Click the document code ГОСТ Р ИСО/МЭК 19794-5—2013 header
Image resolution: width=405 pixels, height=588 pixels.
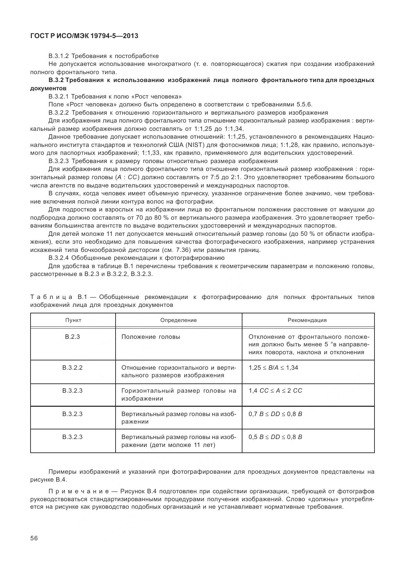pos(84,36)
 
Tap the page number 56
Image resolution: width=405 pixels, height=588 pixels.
pos(34,538)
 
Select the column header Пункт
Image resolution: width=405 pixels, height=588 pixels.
pos(73,320)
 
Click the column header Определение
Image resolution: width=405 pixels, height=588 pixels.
pos(178,320)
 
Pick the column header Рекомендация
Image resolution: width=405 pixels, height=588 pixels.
pos(307,320)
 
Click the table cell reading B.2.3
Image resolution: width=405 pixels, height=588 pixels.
pos(72,336)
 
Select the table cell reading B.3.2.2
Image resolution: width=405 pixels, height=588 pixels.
pos(72,368)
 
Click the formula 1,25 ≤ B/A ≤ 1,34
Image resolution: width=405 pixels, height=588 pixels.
pos(273,368)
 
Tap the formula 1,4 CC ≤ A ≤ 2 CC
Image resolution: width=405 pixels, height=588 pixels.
pos(275,391)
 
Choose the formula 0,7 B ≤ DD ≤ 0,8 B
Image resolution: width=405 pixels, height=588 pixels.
pos(275,414)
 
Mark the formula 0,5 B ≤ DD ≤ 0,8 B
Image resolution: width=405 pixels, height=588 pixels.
pos(275,437)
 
